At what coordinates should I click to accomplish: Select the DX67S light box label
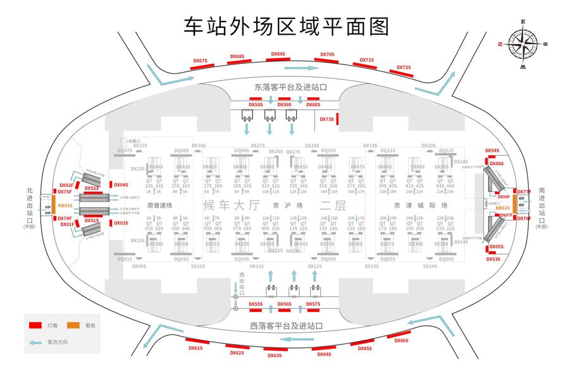(x=201, y=61)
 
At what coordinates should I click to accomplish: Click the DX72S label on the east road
(x=404, y=67)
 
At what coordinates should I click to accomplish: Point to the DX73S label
(x=327, y=119)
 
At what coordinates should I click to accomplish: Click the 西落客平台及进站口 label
(x=287, y=326)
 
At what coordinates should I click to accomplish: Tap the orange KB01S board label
(x=65, y=205)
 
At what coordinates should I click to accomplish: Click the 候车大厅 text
(x=232, y=205)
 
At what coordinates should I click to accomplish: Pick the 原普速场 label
(x=159, y=205)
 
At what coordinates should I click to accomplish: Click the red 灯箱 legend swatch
(x=35, y=325)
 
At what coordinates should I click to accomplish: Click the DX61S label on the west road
(x=196, y=348)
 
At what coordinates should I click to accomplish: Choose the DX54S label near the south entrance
(x=492, y=151)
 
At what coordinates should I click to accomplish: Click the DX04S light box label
(x=121, y=185)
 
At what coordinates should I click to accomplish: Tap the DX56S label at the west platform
(x=285, y=304)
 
